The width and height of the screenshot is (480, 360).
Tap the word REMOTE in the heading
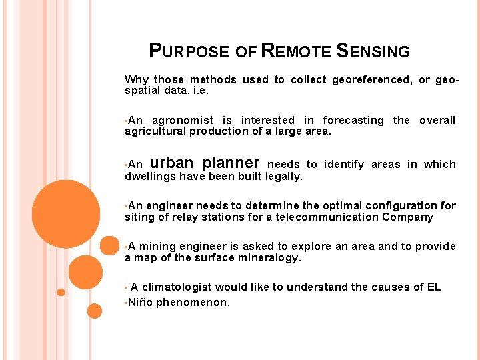pos(295,51)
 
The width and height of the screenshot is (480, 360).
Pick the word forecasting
pos(353,121)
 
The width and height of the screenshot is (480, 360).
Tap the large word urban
pos(172,163)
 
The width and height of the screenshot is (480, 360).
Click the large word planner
pos(231,163)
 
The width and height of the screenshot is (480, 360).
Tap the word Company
pos(408,217)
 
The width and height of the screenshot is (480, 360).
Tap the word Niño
pos(140,303)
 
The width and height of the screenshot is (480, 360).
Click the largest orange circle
pos(65,213)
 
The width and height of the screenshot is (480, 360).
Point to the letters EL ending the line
pos(433,287)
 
